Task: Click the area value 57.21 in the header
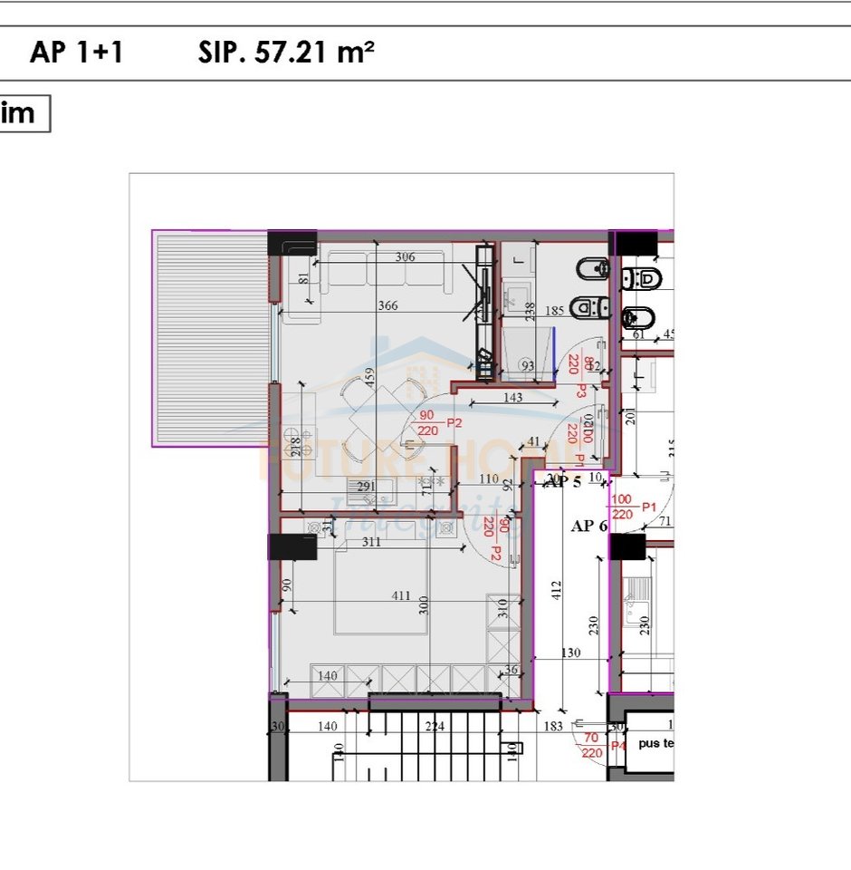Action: (279, 53)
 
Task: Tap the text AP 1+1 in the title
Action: (76, 53)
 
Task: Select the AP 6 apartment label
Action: (588, 526)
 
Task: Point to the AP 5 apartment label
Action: (566, 482)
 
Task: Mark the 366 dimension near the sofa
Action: (387, 305)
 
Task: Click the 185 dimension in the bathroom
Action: (554, 311)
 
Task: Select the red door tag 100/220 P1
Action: (634, 507)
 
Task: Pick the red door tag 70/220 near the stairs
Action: (593, 745)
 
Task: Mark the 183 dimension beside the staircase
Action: (554, 726)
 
